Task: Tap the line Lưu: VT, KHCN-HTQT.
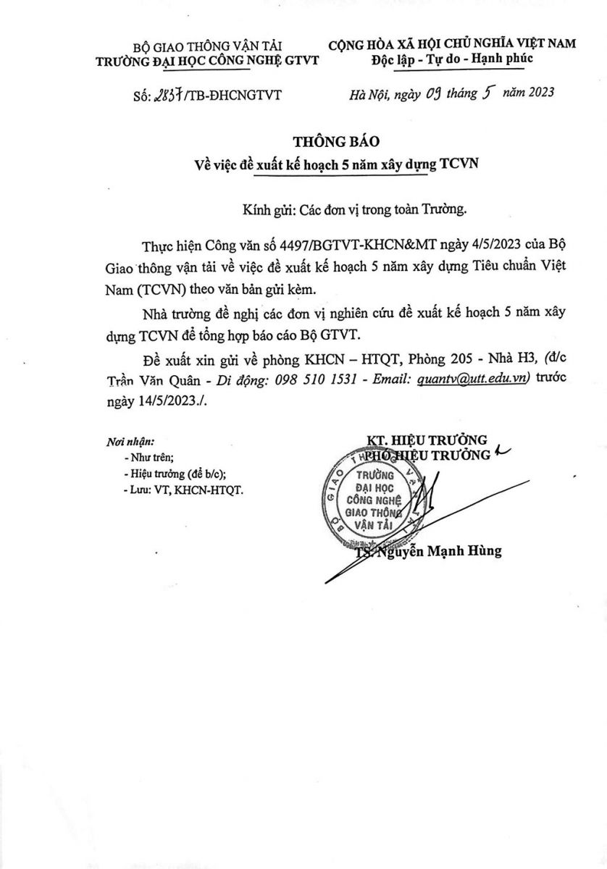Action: click(x=184, y=490)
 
